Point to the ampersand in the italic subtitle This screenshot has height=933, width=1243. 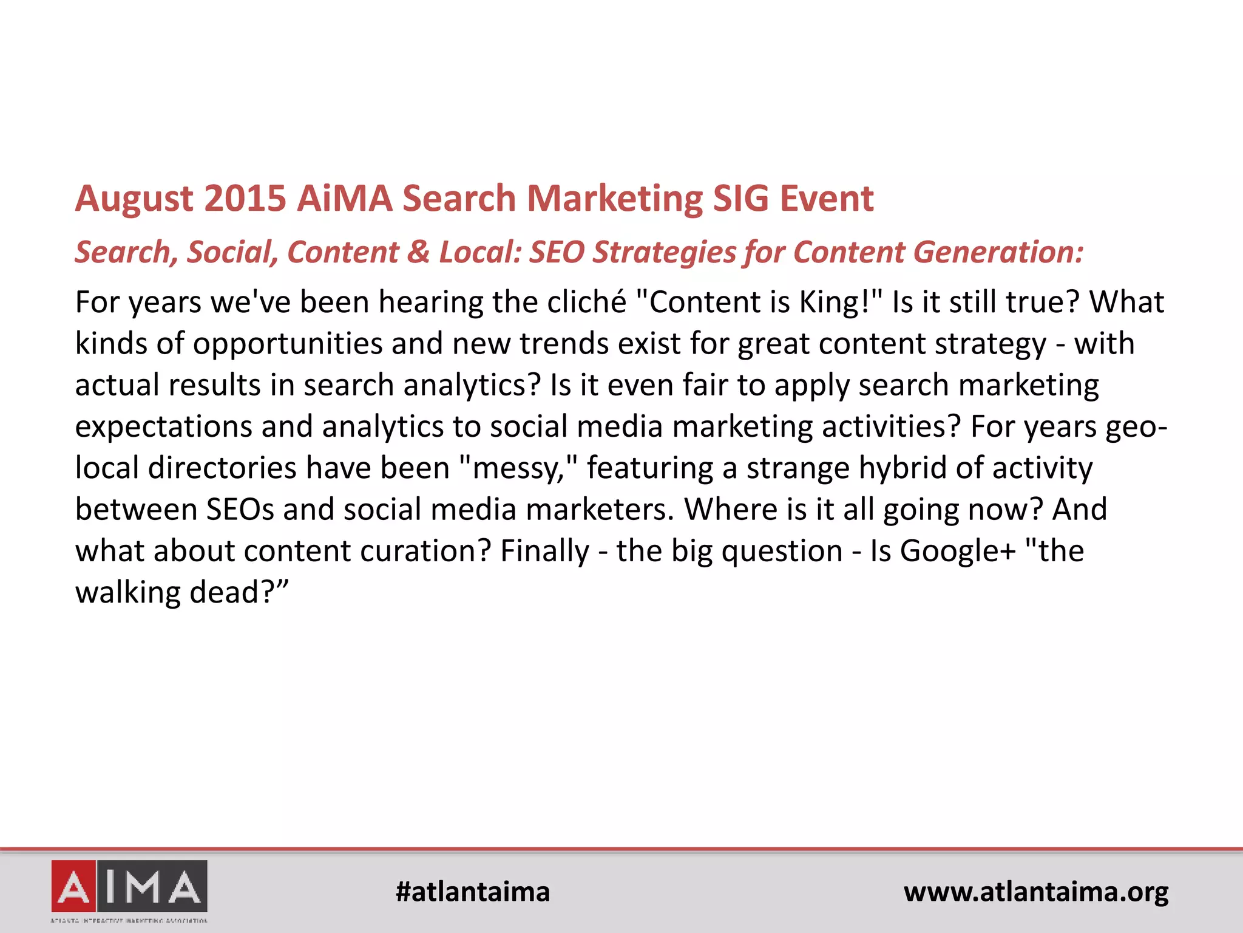418,252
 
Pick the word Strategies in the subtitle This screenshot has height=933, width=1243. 663,252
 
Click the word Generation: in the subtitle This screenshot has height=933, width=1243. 998,252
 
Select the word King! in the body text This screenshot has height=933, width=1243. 841,302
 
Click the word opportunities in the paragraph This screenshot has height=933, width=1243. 287,344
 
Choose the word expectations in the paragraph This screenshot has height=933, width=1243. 163,427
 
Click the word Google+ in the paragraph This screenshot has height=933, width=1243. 958,552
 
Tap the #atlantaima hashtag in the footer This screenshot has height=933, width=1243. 472,892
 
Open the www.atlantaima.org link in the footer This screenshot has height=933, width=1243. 1036,892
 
